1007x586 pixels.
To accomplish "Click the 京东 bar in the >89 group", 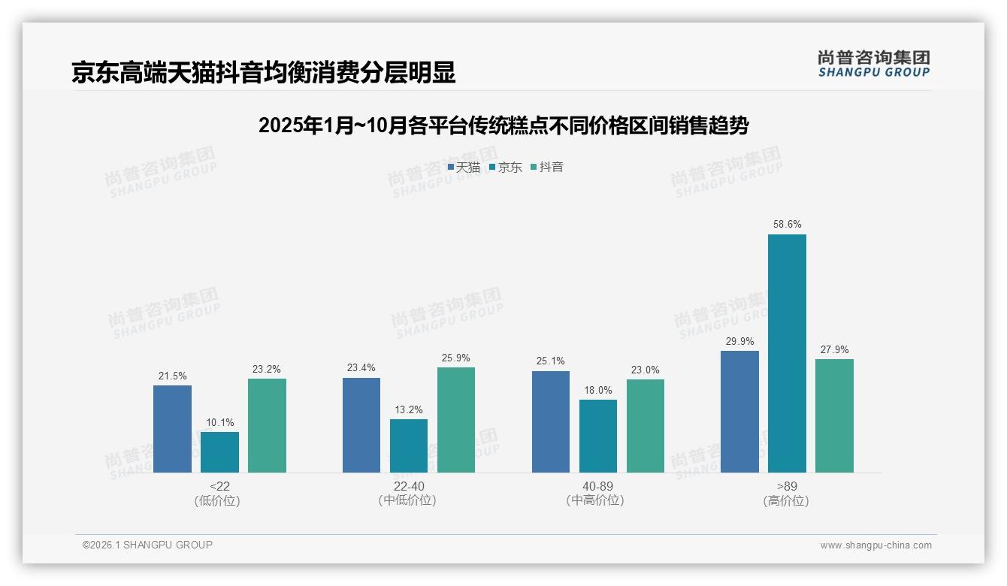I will coord(787,353).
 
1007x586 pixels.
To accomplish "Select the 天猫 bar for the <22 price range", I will coord(172,429).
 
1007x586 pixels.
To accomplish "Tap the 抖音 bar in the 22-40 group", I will coord(456,420).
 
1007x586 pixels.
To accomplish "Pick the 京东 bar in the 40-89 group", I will coord(598,436).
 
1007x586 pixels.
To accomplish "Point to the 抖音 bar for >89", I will coord(834,415).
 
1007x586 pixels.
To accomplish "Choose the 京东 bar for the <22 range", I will coord(219,452).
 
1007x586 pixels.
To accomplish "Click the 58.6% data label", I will coord(787,224).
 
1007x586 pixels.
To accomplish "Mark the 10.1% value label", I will coord(219,422).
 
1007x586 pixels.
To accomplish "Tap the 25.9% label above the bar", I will coord(456,358).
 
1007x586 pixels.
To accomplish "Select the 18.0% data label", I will coord(598,390).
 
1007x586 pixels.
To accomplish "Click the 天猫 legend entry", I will coord(464,168).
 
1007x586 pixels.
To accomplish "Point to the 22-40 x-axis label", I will coord(408,486).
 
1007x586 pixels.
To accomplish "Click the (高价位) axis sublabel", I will coord(786,500).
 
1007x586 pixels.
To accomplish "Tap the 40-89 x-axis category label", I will coord(597,486).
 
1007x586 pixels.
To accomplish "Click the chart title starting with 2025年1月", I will coord(503,125).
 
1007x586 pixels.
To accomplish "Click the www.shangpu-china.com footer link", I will coord(875,545).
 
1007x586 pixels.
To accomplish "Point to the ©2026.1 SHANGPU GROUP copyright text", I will coord(147,545).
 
